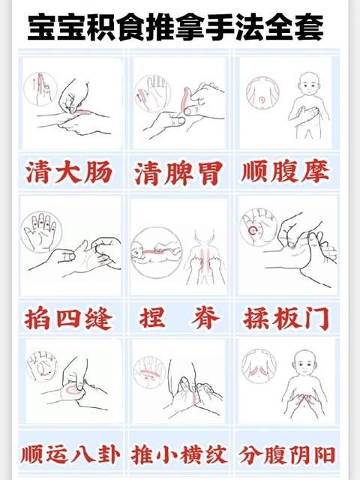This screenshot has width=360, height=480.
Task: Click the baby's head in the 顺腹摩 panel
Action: click(x=307, y=84)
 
